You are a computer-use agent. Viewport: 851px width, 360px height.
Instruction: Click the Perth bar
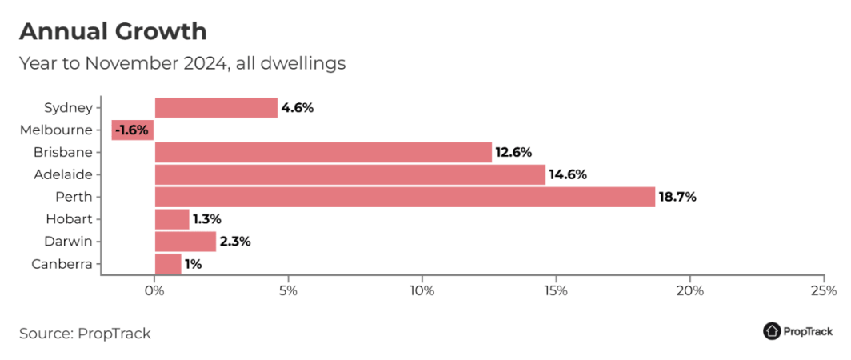404,197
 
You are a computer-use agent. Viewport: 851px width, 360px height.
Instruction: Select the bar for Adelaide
350,174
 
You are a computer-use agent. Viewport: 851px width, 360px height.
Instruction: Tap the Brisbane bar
322,152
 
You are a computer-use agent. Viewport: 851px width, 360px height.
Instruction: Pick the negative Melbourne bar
133,130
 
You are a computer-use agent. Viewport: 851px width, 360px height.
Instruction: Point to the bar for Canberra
168,264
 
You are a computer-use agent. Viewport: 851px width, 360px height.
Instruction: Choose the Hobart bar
171,219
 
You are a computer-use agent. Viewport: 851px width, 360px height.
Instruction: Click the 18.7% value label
677,197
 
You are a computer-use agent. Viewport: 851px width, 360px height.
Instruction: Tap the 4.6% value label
298,108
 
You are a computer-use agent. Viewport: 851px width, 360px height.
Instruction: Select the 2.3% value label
235,242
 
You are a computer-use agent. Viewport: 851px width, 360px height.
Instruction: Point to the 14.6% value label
568,174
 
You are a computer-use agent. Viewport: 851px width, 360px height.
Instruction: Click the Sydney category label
69,107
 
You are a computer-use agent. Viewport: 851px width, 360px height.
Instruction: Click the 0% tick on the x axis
154,290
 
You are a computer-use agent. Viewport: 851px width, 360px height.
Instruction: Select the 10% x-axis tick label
422,290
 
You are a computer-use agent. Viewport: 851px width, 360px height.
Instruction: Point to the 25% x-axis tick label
823,290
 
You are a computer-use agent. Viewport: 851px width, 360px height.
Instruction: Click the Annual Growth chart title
113,32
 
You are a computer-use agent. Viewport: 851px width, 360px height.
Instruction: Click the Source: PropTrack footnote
85,333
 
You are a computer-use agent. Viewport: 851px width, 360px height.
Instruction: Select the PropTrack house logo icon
773,331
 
